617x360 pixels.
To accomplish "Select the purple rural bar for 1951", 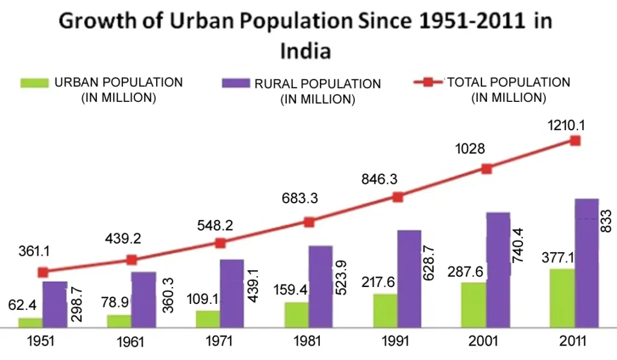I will pyautogui.click(x=54, y=304).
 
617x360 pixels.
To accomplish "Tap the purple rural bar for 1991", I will pyautogui.click(x=409, y=279).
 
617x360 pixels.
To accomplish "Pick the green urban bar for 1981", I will pyautogui.click(x=296, y=314).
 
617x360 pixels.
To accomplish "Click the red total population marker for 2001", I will pyautogui.click(x=486, y=169).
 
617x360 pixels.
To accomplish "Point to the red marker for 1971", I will pyautogui.click(x=220, y=243).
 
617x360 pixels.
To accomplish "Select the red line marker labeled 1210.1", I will pyautogui.click(x=575, y=141).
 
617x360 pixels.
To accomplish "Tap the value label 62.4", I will pyautogui.click(x=22, y=305).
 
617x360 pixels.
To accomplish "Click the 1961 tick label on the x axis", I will pyautogui.click(x=130, y=343).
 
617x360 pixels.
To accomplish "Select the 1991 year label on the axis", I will pyautogui.click(x=395, y=341).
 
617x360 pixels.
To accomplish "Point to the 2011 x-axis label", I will pyautogui.click(x=572, y=341).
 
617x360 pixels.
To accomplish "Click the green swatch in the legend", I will pyautogui.click(x=34, y=84).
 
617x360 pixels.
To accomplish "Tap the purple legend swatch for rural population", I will pyautogui.click(x=234, y=84).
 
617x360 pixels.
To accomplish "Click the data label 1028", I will pyautogui.click(x=469, y=148).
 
